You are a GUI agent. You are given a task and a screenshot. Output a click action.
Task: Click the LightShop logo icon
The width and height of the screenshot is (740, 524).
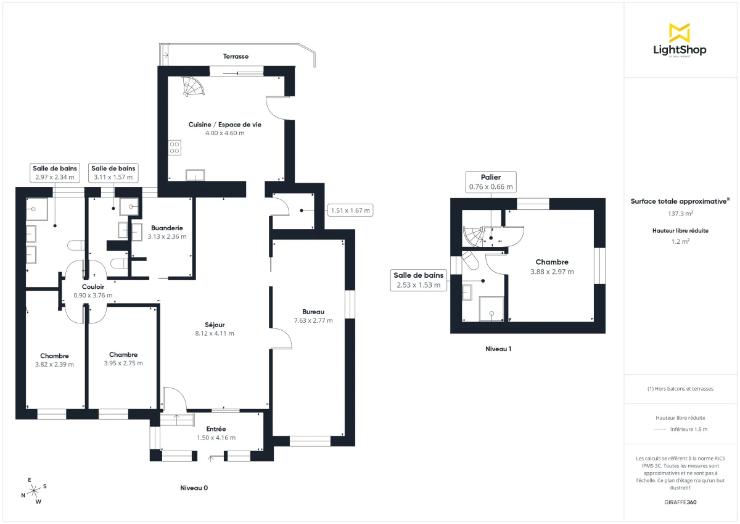pyautogui.click(x=680, y=33)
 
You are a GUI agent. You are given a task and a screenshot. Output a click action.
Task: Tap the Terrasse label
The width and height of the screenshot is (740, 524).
pyautogui.click(x=236, y=56)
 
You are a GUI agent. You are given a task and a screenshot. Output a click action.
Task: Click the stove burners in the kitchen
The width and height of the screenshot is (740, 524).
pyautogui.click(x=174, y=147)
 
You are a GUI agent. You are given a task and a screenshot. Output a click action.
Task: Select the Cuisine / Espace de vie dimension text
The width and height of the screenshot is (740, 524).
pyautogui.click(x=224, y=133)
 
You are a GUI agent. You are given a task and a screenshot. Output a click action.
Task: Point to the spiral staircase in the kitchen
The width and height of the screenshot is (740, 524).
pyautogui.click(x=192, y=86)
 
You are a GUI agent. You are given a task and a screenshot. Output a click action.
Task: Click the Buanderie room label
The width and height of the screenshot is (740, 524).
pyautogui.click(x=166, y=228)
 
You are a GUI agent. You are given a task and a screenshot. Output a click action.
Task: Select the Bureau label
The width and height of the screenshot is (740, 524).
pyautogui.click(x=313, y=312)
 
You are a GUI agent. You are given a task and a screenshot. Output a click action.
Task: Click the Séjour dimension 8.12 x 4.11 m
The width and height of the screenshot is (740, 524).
pyautogui.click(x=215, y=333)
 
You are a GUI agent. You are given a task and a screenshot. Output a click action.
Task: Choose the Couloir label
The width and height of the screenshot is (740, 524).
pyautogui.click(x=93, y=286)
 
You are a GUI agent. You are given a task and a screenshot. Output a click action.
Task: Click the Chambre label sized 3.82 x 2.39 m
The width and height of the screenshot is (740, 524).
pyautogui.click(x=54, y=356)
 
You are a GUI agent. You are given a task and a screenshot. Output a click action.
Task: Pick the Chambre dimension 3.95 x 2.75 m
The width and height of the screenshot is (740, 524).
pyautogui.click(x=123, y=363)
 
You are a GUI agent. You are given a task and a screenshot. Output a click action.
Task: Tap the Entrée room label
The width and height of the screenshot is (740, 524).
pyautogui.click(x=216, y=429)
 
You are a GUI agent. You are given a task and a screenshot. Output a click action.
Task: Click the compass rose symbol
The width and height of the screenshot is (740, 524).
pyautogui.click(x=34, y=490)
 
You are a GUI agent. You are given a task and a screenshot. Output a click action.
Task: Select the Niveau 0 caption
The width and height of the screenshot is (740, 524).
pyautogui.click(x=194, y=488)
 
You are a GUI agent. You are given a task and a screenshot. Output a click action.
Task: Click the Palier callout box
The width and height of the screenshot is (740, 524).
pyautogui.click(x=491, y=181)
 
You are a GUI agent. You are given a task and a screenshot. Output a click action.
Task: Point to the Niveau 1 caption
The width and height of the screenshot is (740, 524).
pyautogui.click(x=498, y=349)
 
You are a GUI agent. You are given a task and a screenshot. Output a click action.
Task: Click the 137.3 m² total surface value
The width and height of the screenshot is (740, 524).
pyautogui.click(x=680, y=213)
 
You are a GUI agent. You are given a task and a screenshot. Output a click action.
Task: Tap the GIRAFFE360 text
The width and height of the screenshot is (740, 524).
pyautogui.click(x=680, y=502)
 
